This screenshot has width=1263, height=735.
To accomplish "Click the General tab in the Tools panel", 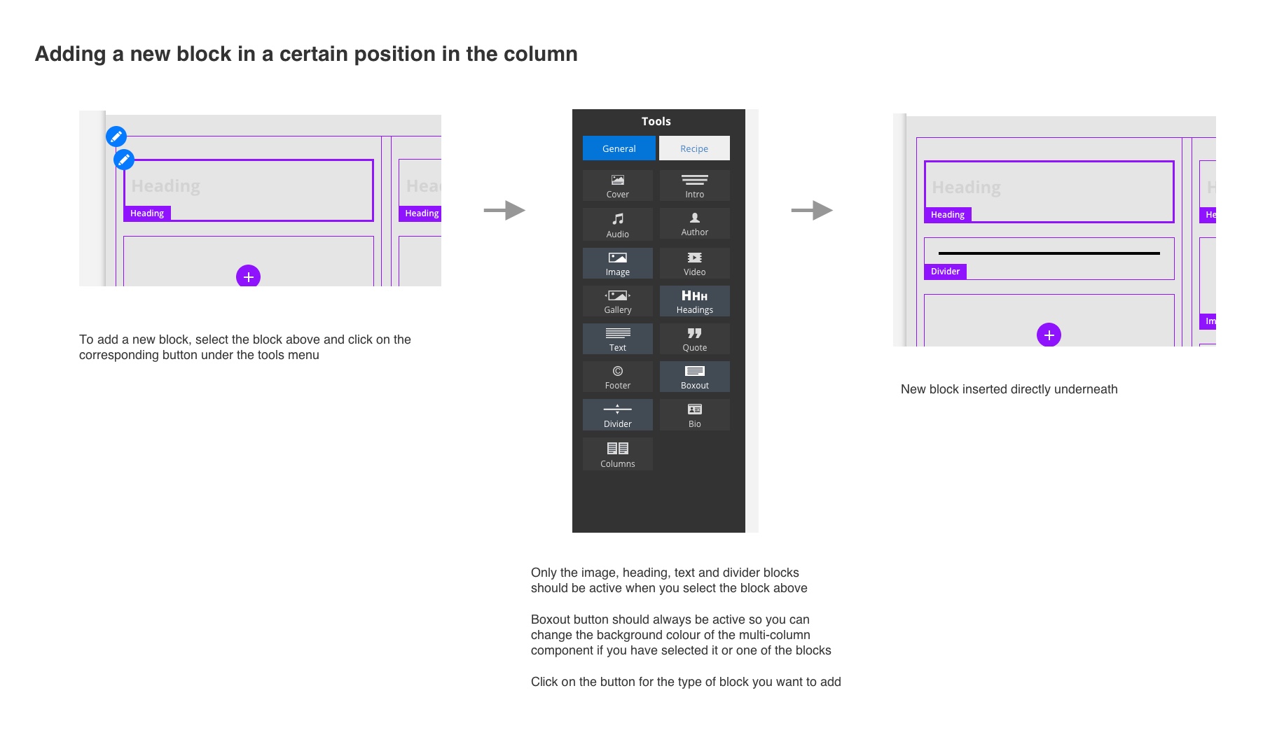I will pos(619,148).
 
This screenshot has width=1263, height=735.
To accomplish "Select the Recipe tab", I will pos(693,148).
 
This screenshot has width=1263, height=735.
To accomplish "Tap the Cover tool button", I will pos(617,186).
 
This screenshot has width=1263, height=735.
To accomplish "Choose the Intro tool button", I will pos(694,186).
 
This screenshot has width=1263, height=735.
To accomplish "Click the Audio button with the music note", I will pos(617,225).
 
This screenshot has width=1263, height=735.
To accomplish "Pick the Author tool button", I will pos(694,224).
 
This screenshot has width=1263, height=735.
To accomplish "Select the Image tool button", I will pos(617,263).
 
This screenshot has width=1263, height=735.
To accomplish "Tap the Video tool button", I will pos(694,263).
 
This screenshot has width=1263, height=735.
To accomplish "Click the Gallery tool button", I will pos(617,301).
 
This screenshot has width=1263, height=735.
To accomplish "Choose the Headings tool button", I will pos(694,301).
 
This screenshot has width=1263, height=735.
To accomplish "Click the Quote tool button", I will pos(694,339).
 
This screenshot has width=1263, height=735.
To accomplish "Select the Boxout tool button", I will pos(694,377).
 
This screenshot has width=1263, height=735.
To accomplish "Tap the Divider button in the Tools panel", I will pos(617,415).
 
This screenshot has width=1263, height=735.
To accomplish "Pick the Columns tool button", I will pos(617,454).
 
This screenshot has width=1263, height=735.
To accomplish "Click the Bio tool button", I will pos(694,415).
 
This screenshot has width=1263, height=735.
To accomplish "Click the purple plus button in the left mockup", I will pos(248,276).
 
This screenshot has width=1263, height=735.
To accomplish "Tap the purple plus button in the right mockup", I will pos(1049,335).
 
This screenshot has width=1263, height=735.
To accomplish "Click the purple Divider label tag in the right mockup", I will pos(945,272).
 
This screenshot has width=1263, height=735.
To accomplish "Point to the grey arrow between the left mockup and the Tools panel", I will pos(504,210).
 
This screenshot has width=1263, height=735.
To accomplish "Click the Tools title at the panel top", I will pos(656,121).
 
